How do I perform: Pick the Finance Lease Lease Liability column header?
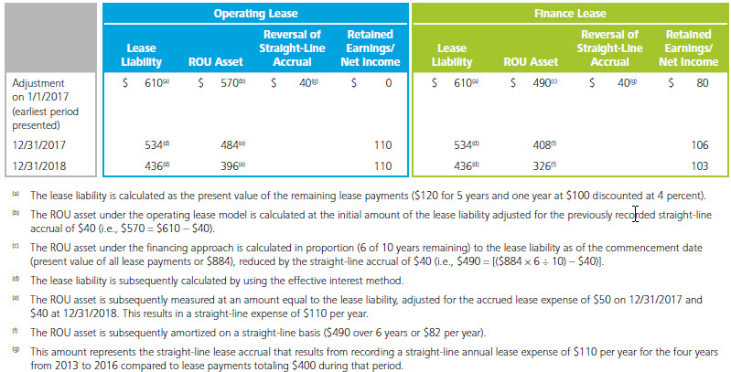(x=455, y=55)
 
